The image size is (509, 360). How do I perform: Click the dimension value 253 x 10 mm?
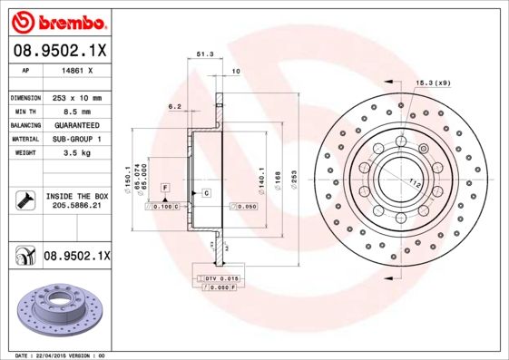click(76, 97)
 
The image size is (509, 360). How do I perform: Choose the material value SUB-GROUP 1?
click(76, 139)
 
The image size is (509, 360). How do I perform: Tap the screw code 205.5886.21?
click(76, 206)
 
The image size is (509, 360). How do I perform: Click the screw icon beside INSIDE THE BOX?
click(24, 200)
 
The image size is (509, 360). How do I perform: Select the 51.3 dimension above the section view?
click(205, 54)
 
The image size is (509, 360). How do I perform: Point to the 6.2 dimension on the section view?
click(175, 107)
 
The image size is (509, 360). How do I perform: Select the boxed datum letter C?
click(206, 193)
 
